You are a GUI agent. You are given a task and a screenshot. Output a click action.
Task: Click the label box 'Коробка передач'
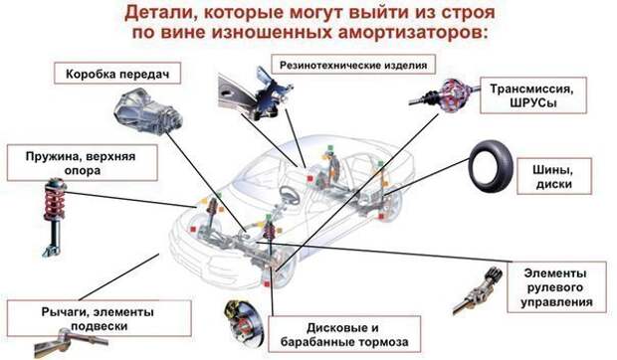(x=117, y=73)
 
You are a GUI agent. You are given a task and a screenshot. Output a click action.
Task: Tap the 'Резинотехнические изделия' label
(x=353, y=65)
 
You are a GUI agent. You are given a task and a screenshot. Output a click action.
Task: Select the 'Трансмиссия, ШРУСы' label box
(x=533, y=95)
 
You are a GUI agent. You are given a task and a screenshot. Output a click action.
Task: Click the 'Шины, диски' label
(x=554, y=176)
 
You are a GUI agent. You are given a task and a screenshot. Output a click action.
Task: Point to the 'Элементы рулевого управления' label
(x=556, y=287)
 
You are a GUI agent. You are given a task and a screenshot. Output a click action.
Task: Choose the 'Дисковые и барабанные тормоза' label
(x=344, y=334)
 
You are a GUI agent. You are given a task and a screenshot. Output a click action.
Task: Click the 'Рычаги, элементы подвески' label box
(x=100, y=318)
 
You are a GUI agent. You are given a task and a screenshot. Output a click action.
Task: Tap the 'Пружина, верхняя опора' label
(x=83, y=163)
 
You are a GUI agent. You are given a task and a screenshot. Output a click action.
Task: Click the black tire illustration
(x=491, y=167)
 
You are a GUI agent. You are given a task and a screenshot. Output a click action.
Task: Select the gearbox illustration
(x=147, y=110)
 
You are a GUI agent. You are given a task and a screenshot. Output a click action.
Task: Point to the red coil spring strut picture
(x=55, y=216)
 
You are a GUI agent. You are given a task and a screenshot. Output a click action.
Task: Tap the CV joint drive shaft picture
(x=445, y=95)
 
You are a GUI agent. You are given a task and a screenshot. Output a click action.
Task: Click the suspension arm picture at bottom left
(x=71, y=341)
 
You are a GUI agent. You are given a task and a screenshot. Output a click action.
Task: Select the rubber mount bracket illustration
(x=255, y=93)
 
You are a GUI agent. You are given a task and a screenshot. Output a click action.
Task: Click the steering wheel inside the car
(x=290, y=195)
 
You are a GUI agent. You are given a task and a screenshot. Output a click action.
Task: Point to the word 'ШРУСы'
(x=533, y=103)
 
